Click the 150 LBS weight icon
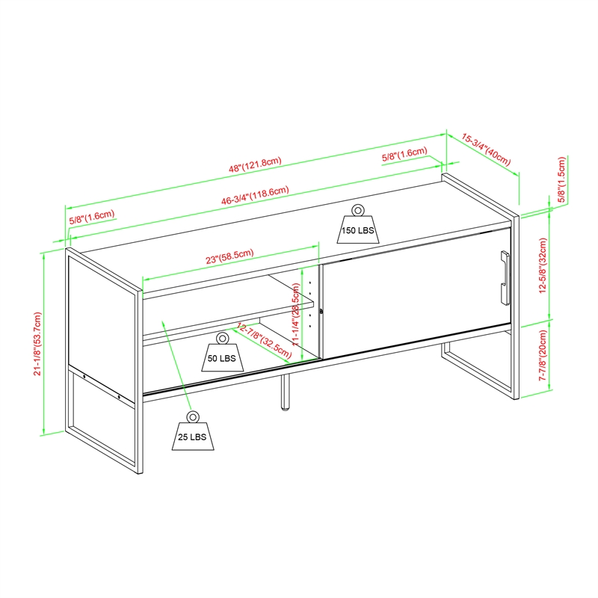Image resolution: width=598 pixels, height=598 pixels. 358,225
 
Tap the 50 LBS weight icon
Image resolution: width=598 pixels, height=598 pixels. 223,352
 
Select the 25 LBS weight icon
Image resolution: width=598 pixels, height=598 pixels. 193,431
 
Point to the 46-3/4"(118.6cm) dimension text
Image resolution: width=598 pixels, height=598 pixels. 255,196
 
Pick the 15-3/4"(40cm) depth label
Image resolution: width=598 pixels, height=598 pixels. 486,149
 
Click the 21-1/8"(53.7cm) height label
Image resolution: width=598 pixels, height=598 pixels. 37,344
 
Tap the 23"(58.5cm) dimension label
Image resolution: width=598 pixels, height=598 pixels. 229,256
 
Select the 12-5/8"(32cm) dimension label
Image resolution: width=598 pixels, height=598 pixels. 543,265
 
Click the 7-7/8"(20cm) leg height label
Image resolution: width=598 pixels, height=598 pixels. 543,356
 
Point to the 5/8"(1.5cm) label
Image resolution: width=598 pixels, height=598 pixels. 561,179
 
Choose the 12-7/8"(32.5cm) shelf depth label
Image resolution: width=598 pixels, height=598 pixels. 264,341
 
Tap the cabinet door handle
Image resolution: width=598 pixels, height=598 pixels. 505,277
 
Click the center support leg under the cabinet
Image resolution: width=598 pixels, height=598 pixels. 285,392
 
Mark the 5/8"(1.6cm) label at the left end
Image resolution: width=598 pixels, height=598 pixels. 91,217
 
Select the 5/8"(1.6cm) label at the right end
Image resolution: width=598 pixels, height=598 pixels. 404,154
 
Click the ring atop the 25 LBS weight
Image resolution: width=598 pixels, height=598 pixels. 193,416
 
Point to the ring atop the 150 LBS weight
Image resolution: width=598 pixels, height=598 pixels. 358,210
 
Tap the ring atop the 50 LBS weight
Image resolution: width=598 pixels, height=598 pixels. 223,338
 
